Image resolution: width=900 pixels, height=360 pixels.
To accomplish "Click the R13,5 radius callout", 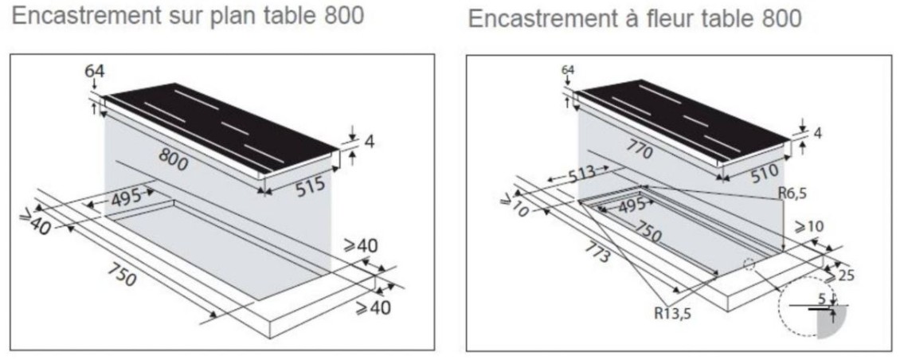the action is point(673,313).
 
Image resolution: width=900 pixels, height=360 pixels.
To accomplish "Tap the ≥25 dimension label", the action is point(839,276).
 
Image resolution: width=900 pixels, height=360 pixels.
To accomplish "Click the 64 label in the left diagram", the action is point(95,72).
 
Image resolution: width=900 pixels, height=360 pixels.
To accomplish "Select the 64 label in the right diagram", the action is point(568,70).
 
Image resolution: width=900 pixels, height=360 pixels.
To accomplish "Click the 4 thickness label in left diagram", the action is point(370,142).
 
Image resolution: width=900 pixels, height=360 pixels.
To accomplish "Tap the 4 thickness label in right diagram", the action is point(818,133).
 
